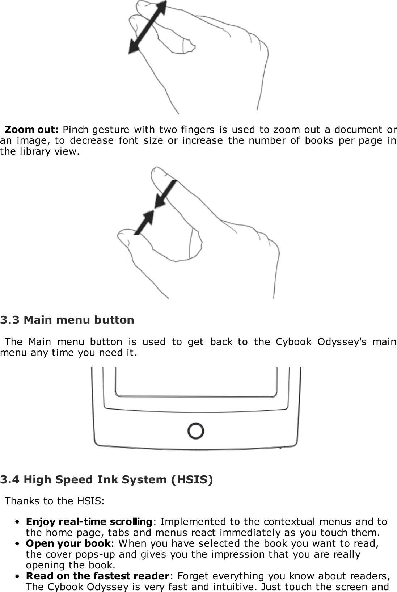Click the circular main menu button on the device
coord(195,431)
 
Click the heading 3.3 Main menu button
coord(67,320)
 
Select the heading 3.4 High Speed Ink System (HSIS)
coord(107,480)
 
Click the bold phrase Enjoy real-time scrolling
coord(89,522)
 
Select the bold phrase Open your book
coord(68,543)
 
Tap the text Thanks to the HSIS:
coord(55,501)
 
